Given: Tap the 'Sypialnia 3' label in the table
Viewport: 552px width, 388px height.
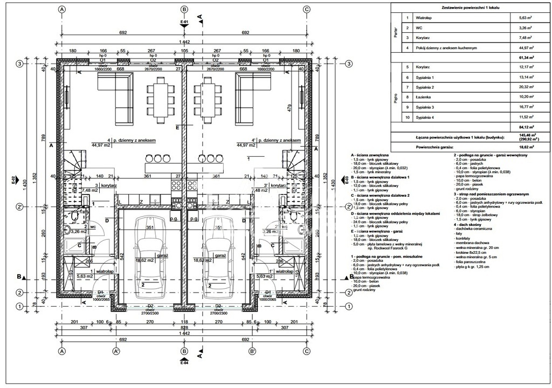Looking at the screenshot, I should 425,107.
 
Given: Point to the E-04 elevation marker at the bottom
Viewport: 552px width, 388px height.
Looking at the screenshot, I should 184,361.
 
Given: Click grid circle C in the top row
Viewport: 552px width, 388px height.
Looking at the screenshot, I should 306,9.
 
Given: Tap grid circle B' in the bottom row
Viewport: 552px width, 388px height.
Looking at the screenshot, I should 252,350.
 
